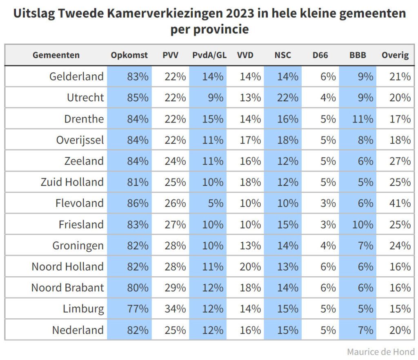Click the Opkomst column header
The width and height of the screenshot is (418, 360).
click(129, 55)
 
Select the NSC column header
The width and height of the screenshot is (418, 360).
click(282, 55)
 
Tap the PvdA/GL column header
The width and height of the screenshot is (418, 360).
click(209, 55)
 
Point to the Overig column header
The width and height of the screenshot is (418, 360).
click(395, 55)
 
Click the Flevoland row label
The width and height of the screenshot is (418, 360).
click(80, 203)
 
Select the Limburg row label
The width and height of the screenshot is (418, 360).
click(83, 309)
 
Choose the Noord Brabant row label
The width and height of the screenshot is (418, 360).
click(68, 288)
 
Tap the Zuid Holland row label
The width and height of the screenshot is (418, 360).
click(72, 182)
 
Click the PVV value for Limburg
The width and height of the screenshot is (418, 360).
click(175, 309)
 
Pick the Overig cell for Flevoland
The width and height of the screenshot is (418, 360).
click(400, 203)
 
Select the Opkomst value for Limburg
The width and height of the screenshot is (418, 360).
click(138, 309)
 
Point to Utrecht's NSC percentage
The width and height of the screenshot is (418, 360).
click(288, 98)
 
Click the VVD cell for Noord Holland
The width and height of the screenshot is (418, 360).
click(250, 266)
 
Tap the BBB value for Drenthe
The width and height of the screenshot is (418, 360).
click(362, 119)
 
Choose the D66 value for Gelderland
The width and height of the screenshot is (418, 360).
click(328, 76)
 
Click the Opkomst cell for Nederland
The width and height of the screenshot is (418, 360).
click(138, 330)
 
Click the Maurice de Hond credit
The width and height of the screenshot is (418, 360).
click(380, 351)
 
